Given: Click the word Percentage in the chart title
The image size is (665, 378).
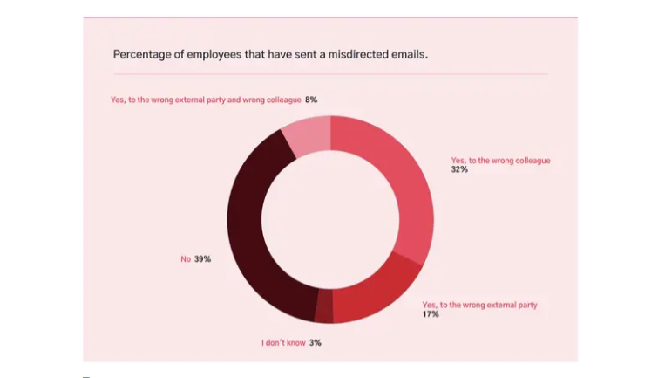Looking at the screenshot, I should point(140,54).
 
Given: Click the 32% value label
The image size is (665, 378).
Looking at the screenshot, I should point(458,170).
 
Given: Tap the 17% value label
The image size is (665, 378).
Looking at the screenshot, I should point(431,314).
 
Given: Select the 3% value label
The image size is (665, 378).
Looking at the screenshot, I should point(315,343).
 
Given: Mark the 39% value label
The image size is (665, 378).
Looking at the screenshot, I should point(202,259).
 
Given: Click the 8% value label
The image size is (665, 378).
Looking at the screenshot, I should point(311,100).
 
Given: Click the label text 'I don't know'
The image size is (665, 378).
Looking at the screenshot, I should point(284,343).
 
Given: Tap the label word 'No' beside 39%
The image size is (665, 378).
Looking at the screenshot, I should point(186,259).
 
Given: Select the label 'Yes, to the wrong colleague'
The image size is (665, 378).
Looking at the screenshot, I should point(500,161).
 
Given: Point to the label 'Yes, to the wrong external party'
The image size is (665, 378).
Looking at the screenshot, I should point(479,305).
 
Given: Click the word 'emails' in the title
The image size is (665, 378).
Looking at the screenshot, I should point(409,54).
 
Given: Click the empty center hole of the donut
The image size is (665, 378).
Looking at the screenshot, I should point(330,218).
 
